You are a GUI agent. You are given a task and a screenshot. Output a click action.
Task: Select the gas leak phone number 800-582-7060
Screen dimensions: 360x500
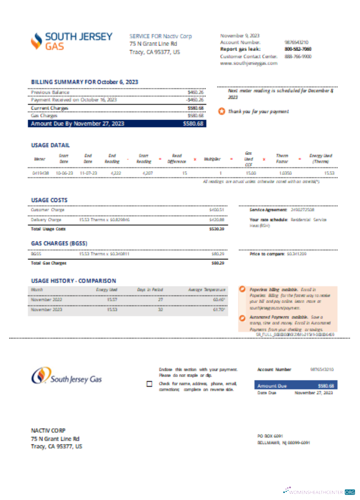click(x=298, y=49)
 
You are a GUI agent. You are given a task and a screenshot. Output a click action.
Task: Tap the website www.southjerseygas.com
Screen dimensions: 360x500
click(x=248, y=63)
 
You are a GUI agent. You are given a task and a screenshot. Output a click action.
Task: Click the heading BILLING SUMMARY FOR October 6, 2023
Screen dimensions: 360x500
click(x=84, y=82)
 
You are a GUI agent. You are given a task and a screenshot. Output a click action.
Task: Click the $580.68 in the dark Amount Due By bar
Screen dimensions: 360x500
click(x=193, y=123)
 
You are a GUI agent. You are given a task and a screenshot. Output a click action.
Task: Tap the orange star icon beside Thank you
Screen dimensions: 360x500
click(x=221, y=111)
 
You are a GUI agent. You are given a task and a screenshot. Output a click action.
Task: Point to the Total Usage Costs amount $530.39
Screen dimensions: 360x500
click(x=216, y=228)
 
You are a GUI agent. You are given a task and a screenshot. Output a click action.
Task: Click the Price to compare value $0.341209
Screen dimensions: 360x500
click(x=296, y=254)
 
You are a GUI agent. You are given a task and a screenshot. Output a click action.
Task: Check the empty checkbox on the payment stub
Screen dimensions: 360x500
click(x=149, y=384)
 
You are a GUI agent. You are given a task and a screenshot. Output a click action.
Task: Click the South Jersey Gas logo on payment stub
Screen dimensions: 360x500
click(x=67, y=376)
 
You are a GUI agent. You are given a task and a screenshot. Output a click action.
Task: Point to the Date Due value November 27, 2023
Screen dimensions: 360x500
click(x=313, y=393)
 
